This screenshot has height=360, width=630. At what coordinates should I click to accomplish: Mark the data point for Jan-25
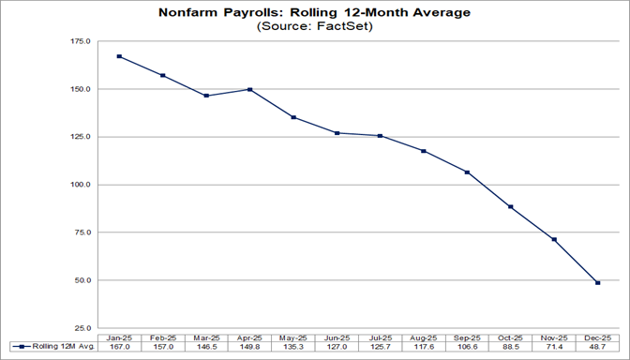[x=119, y=56]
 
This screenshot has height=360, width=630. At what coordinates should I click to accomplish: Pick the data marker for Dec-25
[x=598, y=282]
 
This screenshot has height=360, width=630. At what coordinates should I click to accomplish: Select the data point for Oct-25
[x=511, y=206]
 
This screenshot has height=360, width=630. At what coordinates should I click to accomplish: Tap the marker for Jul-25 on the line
[x=381, y=136]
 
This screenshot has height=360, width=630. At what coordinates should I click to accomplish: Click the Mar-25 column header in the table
[x=206, y=337]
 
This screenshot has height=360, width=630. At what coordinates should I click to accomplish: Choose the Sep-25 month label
[x=468, y=337]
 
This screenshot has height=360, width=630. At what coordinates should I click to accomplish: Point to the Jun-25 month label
[x=337, y=337]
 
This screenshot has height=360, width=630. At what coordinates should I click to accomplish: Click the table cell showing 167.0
[x=119, y=348]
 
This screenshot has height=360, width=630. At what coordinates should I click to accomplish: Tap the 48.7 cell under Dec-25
[x=598, y=348]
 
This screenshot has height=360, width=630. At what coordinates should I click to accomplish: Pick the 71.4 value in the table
[x=555, y=348]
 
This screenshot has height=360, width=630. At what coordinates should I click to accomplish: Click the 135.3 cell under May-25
[x=293, y=348]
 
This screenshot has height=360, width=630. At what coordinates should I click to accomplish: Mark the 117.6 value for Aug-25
[x=425, y=348]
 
